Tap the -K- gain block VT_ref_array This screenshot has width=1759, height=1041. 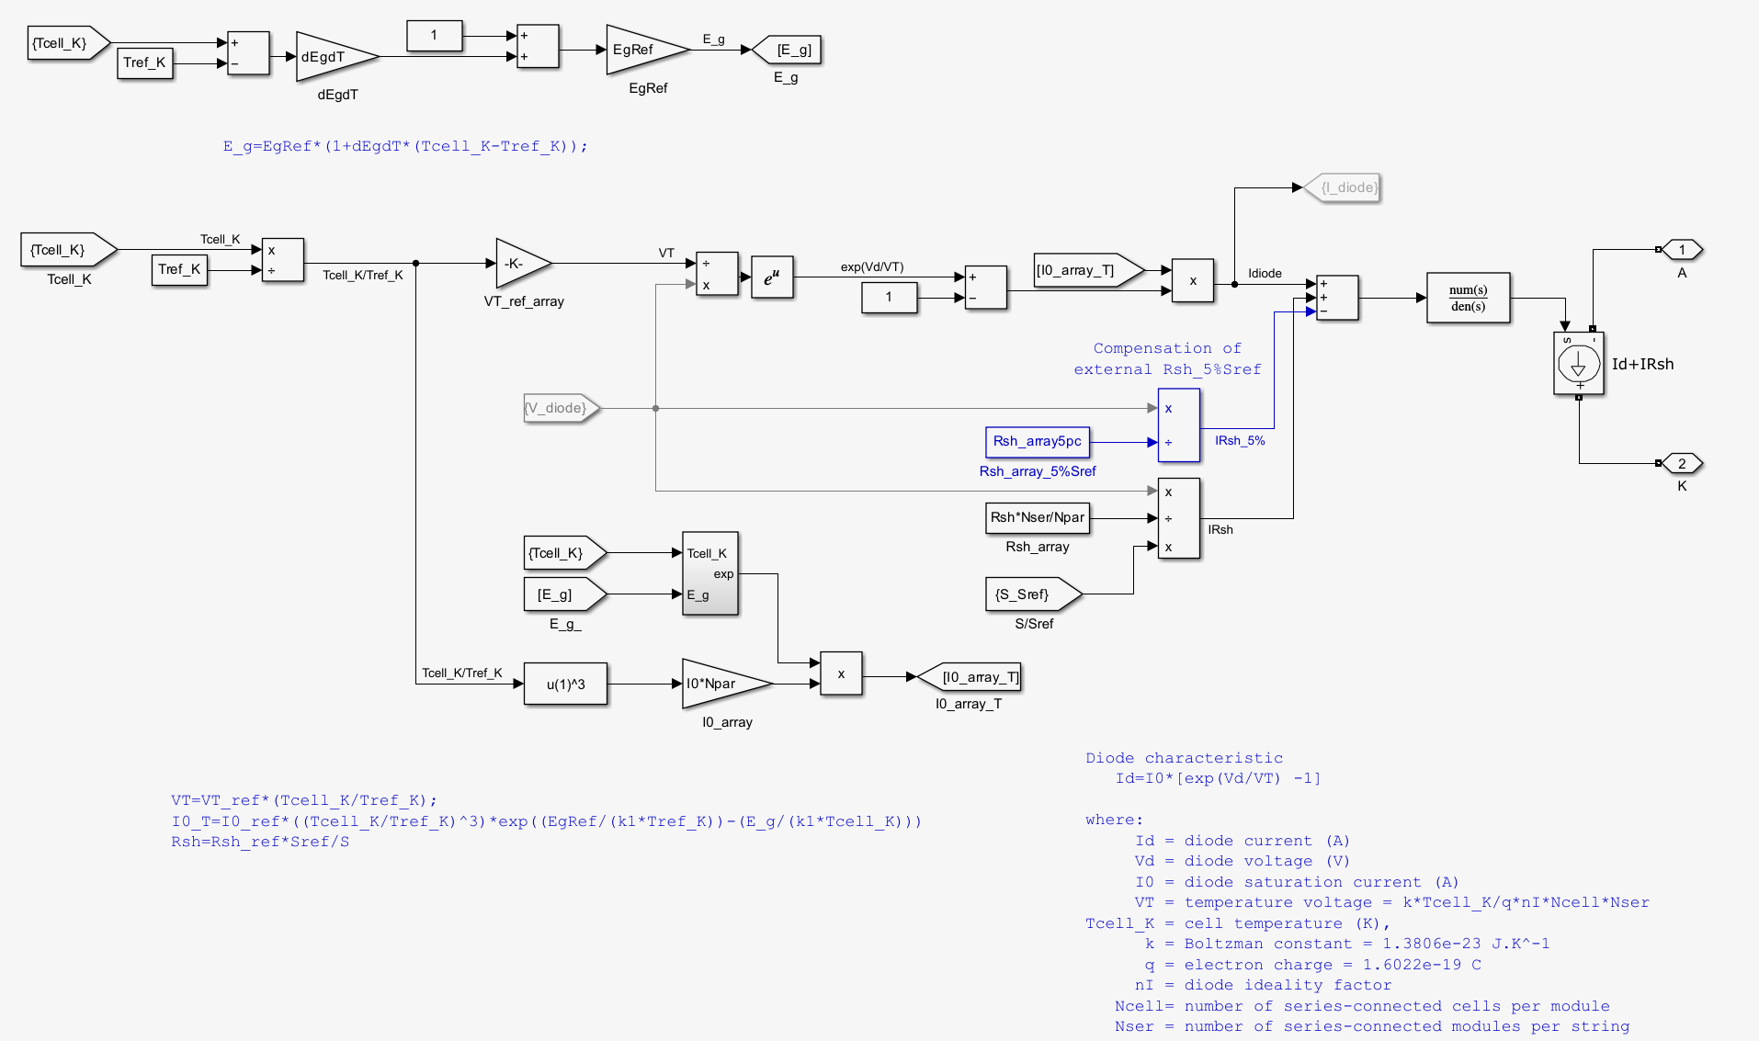point(518,264)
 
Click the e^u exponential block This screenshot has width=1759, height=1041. point(772,277)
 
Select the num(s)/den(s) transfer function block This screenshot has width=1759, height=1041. point(1468,298)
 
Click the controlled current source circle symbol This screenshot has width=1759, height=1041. point(1578,364)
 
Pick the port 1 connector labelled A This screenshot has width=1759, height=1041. point(1682,250)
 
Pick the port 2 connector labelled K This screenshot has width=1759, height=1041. point(1682,463)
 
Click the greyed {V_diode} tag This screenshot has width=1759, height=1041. point(559,408)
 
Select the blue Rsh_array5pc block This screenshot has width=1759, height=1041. point(1037,442)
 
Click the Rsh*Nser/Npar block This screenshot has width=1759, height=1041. point(1037,517)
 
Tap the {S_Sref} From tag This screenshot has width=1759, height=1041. point(1029,594)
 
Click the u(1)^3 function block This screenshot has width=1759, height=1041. point(565,684)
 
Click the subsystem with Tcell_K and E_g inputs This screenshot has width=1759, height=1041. point(709,573)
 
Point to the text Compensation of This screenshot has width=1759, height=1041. point(1166,348)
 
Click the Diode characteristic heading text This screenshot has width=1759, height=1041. point(1184,758)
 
